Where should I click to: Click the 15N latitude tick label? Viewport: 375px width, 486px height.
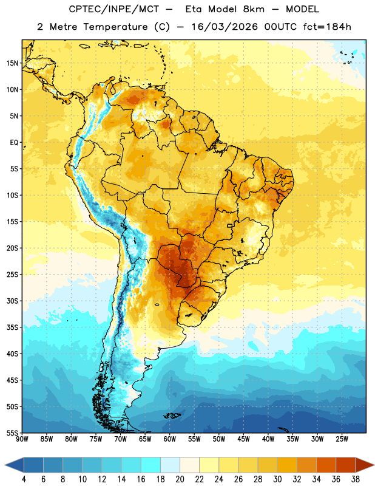pos(12,63)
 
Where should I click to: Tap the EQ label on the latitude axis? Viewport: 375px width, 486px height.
pos(14,143)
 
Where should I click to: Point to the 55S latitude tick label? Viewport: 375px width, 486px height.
pos(12,433)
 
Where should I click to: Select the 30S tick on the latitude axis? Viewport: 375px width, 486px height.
pos(12,301)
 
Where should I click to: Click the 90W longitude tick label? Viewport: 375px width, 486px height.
pos(22,439)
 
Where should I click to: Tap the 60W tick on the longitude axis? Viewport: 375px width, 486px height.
pos(170,439)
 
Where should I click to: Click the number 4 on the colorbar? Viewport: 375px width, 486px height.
pos(24,479)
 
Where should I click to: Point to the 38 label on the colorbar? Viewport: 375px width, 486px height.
pos(356,479)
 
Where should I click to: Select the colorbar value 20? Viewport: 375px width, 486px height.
pos(180,479)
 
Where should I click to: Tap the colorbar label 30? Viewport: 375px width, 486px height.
pos(277,479)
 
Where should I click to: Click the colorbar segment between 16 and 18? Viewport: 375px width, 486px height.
pos(151,465)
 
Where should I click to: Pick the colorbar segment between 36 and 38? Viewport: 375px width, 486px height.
pos(346,465)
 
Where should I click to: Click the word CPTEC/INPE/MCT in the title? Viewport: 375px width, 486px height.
pos(114,9)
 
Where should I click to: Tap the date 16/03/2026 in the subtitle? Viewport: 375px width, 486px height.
pos(225,27)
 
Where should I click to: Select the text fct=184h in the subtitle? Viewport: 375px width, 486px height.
pos(327,27)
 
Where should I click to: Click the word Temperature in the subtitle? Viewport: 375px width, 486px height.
pos(115,27)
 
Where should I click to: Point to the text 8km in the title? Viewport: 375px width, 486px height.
pos(254,9)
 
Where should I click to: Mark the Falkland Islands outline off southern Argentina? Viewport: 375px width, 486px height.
pos(172,416)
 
